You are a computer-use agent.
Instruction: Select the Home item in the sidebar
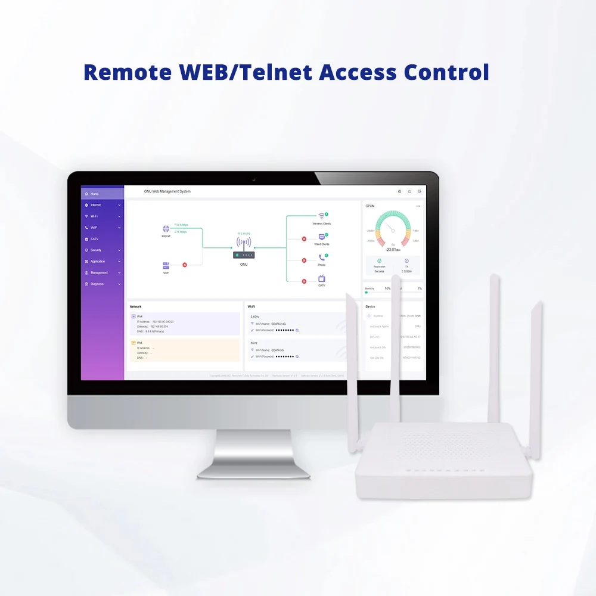pos(95,194)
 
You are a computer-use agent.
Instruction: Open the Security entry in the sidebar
pos(96,250)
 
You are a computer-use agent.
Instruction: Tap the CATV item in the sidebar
pos(94,239)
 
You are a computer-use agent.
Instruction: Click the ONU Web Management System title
pos(167,191)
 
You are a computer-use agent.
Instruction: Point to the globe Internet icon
pos(166,229)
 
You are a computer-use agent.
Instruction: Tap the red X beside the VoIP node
pos(185,265)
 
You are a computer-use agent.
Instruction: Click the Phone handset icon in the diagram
pos(322,258)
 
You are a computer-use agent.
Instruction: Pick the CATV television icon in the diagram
pos(322,278)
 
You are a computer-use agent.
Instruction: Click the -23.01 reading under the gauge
pos(392,250)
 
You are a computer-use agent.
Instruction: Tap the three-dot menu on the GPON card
pos(418,206)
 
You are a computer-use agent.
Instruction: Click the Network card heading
pos(136,306)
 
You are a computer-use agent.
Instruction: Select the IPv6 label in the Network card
pos(140,343)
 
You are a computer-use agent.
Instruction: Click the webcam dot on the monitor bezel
pos(253,179)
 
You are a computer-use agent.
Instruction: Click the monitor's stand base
pos(253,471)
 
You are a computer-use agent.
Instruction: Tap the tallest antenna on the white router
pos(494,346)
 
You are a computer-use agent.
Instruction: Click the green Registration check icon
pos(380,261)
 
